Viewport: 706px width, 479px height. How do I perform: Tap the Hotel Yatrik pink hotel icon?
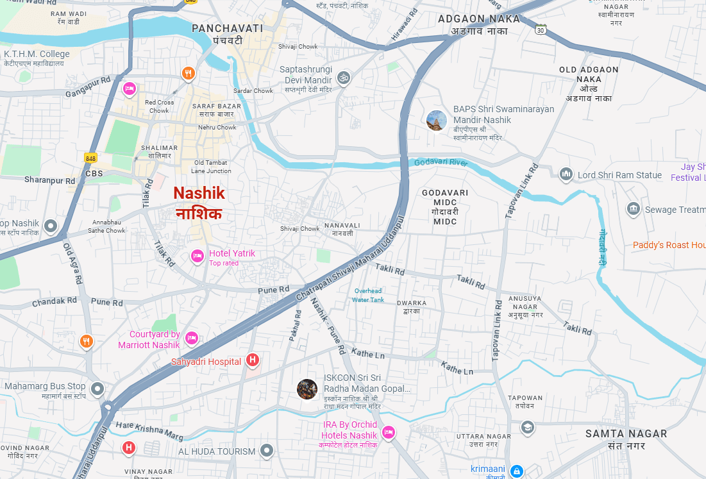pyautogui.click(x=198, y=256)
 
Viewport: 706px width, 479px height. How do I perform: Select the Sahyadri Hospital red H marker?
pyautogui.click(x=253, y=360)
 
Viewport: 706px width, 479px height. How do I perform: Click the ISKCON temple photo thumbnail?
pyautogui.click(x=307, y=389)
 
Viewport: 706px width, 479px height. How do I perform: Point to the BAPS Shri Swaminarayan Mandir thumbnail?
pyautogui.click(x=437, y=120)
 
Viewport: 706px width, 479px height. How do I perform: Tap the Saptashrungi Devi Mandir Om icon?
pyautogui.click(x=344, y=78)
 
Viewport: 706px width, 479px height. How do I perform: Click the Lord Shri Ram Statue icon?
pyautogui.click(x=566, y=174)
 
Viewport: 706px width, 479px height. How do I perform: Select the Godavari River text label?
pyautogui.click(x=441, y=162)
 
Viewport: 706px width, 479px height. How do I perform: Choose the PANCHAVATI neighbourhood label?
pyautogui.click(x=228, y=28)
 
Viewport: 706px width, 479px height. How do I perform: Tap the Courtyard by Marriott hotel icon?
pyautogui.click(x=191, y=338)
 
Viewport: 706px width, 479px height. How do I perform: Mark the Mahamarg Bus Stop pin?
pyautogui.click(x=97, y=388)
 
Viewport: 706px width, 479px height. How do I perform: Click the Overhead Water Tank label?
pyautogui.click(x=368, y=295)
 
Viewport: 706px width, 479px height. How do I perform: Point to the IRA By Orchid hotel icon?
pyautogui.click(x=388, y=433)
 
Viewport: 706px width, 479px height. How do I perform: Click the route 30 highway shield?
pyautogui.click(x=541, y=29)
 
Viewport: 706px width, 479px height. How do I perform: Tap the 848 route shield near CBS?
pyautogui.click(x=90, y=157)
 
